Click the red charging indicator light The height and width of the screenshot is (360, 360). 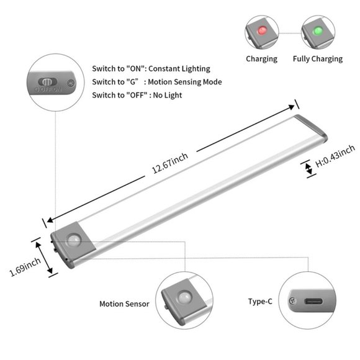[262, 30]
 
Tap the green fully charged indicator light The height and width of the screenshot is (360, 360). [318, 31]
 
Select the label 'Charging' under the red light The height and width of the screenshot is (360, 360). [261, 59]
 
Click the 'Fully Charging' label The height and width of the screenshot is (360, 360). [318, 59]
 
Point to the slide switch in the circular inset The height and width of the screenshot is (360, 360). [47, 81]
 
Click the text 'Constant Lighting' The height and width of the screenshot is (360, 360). [179, 69]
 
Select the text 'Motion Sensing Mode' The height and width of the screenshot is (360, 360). [185, 82]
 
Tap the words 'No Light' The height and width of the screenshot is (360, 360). [168, 96]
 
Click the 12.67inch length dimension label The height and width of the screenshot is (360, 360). [170, 163]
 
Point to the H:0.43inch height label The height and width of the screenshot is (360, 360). [335, 156]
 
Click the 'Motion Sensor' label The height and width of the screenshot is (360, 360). [124, 304]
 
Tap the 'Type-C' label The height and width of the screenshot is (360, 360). [260, 302]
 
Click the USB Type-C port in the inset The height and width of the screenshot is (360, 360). [313, 301]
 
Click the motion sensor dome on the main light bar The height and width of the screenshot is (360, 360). [74, 240]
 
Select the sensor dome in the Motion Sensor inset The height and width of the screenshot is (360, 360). [185, 298]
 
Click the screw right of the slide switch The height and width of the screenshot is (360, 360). [71, 83]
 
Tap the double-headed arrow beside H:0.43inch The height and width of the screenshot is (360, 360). [309, 169]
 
